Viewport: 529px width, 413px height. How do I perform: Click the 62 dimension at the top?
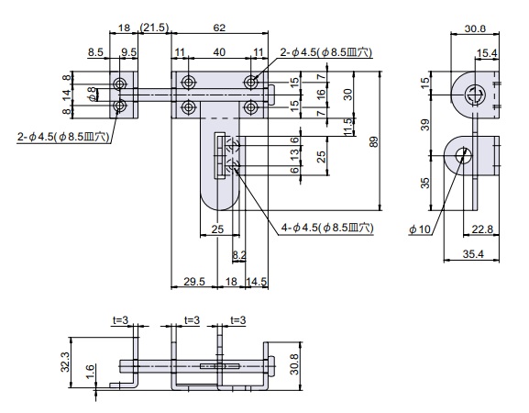pyautogui.click(x=219, y=28)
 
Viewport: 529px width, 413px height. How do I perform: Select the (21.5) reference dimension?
pyautogui.click(x=154, y=28)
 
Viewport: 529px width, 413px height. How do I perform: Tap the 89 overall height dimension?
pyautogui.click(x=374, y=141)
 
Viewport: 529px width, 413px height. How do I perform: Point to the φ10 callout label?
pyautogui.click(x=420, y=229)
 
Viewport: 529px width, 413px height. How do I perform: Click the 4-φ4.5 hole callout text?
pyautogui.click(x=327, y=228)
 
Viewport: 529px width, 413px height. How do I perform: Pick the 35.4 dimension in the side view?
pyautogui.click(x=473, y=254)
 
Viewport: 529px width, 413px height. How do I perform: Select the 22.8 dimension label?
pyautogui.click(x=482, y=229)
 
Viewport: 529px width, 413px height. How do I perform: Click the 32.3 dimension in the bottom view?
pyautogui.click(x=65, y=362)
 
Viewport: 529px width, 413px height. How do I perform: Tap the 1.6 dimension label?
pyautogui.click(x=90, y=372)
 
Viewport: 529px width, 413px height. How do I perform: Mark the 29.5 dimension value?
pyautogui.click(x=194, y=282)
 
